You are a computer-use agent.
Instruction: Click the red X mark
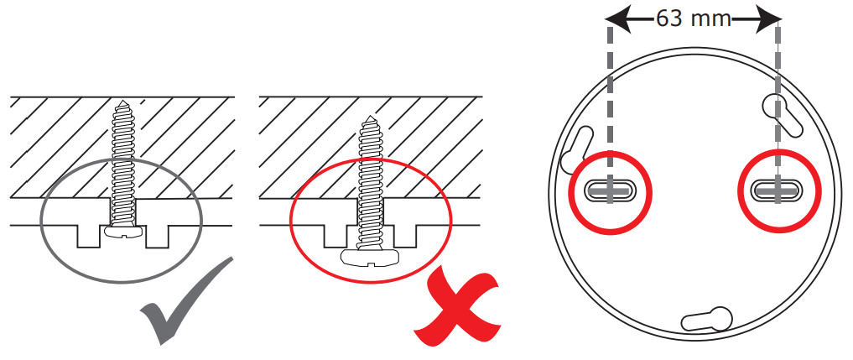click(459, 304)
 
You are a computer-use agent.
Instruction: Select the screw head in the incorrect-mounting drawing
click(370, 258)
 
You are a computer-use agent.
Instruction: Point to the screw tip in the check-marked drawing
click(122, 104)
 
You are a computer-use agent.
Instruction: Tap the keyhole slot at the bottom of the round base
click(710, 318)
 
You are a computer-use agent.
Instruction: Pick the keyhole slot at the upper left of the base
click(578, 148)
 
